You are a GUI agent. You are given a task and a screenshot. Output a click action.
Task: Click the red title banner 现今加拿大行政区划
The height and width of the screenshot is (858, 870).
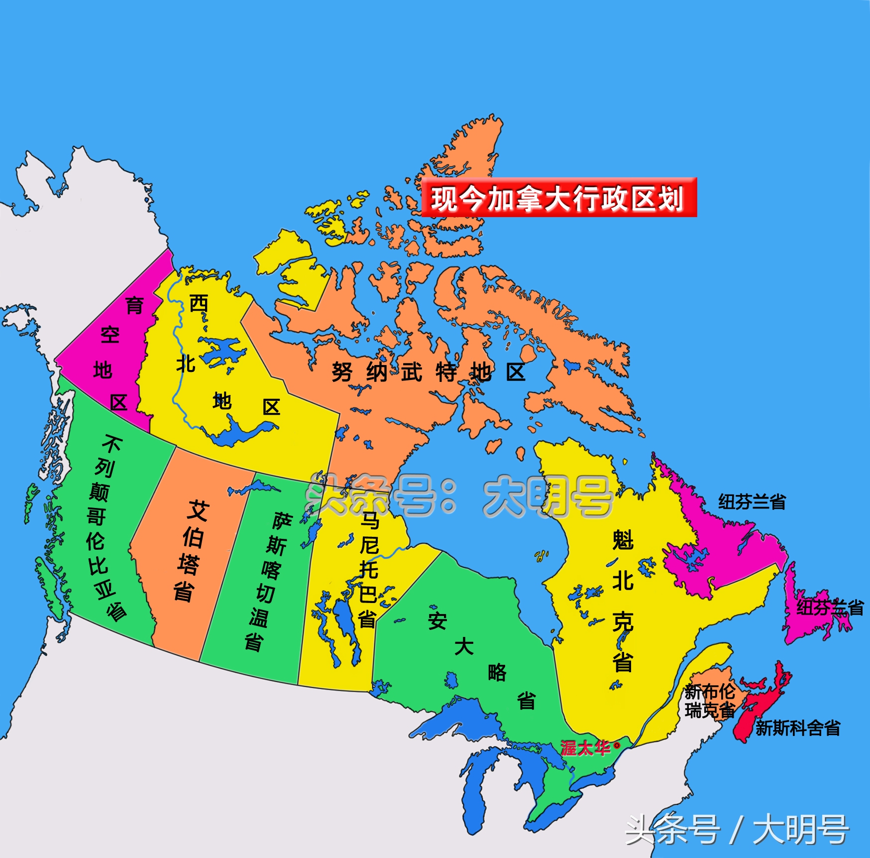click(x=558, y=198)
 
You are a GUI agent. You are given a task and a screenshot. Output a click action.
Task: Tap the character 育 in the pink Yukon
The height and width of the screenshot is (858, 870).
click(x=134, y=305)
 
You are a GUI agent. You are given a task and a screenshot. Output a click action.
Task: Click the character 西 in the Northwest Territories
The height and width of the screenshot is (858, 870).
click(x=199, y=303)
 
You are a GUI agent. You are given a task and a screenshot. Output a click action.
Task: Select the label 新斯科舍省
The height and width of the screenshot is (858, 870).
click(x=797, y=728)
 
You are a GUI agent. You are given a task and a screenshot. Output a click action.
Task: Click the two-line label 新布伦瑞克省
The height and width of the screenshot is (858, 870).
click(x=710, y=701)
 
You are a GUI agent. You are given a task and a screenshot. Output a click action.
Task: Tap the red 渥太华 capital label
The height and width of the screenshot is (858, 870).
click(x=585, y=747)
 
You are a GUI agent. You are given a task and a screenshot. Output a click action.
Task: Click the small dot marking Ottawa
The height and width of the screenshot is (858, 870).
click(x=617, y=745)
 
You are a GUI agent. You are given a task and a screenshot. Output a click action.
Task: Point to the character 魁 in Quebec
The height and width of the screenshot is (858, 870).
click(x=623, y=540)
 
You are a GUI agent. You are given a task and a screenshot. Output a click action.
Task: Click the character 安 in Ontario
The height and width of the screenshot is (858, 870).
click(x=437, y=620)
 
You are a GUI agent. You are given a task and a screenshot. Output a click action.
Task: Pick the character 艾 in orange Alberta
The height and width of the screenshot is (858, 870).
click(x=198, y=511)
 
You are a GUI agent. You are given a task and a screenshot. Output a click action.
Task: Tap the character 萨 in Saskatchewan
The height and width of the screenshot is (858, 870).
click(x=282, y=521)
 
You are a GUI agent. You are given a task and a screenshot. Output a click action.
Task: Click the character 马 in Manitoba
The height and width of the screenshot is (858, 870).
click(x=370, y=520)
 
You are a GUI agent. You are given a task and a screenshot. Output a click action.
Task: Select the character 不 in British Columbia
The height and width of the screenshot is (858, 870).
click(x=112, y=443)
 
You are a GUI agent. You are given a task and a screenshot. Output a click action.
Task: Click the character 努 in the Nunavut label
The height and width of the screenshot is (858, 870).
click(x=342, y=371)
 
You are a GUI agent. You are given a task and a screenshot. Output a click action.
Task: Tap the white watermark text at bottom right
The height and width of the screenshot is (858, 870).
click(x=737, y=830)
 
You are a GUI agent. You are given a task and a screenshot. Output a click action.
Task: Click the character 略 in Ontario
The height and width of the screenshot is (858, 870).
click(x=497, y=672)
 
